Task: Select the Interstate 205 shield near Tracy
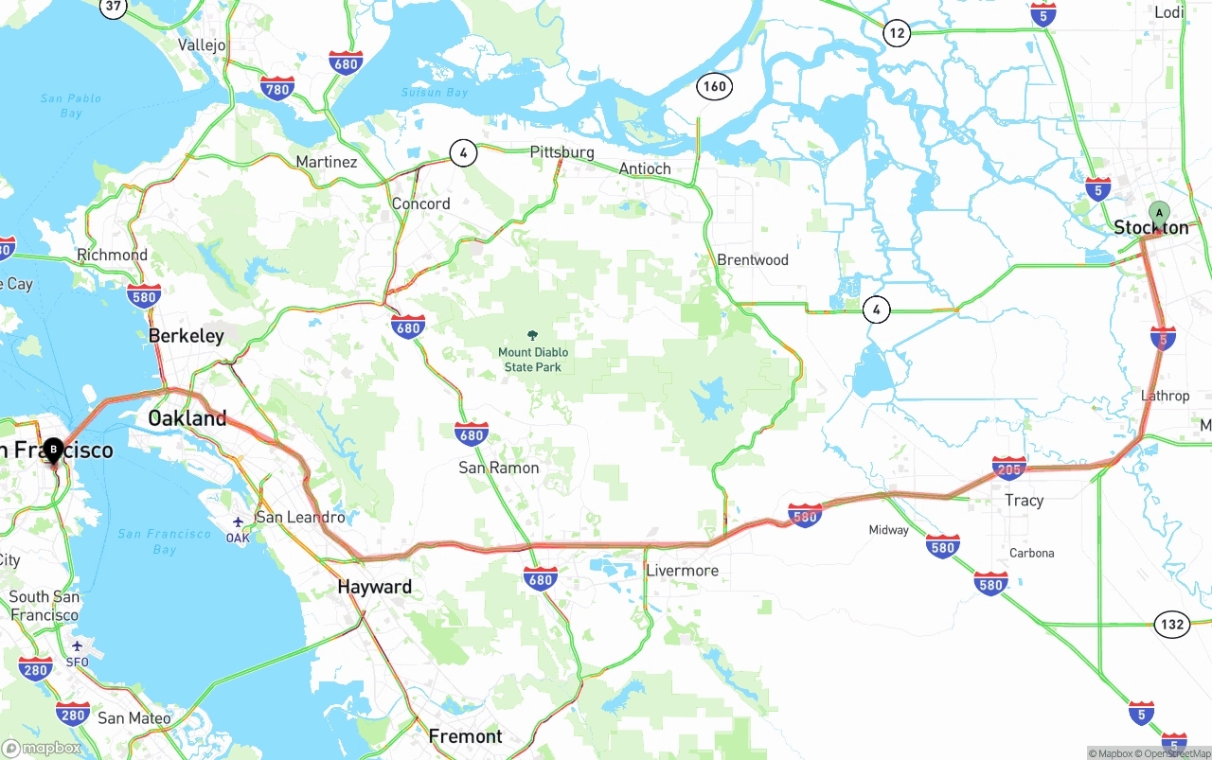click(1009, 468)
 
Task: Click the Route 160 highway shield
click(714, 86)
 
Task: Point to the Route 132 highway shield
click(1172, 624)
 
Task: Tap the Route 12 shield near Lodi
click(897, 33)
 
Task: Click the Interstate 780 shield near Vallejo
click(277, 89)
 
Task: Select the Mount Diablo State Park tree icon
click(533, 335)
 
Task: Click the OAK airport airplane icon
click(238, 521)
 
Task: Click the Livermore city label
click(682, 571)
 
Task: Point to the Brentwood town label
click(753, 259)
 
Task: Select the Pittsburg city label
click(561, 151)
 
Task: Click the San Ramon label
click(499, 468)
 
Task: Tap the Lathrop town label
click(1165, 396)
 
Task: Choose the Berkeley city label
click(187, 335)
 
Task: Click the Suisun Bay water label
click(435, 93)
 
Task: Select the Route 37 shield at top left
click(114, 7)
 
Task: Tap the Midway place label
click(888, 530)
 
